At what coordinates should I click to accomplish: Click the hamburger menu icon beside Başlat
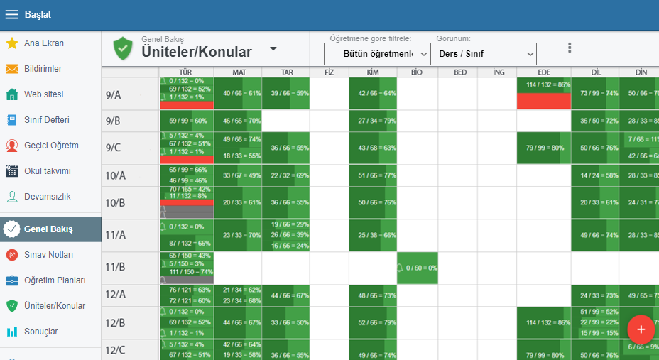(x=11, y=14)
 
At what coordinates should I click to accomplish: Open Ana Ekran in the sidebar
(x=43, y=43)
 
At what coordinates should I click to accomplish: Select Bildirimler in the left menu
(x=43, y=69)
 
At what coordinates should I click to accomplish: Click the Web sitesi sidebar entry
(x=43, y=94)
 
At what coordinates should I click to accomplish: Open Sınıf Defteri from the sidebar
(x=46, y=120)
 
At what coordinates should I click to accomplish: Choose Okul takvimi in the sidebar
(x=47, y=171)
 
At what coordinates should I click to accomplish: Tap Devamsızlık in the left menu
(x=47, y=197)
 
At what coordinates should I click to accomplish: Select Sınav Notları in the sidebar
(x=48, y=255)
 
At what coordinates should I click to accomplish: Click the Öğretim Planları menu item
(x=54, y=280)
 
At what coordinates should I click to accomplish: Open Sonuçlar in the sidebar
(x=40, y=332)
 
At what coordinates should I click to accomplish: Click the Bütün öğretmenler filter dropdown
(x=376, y=54)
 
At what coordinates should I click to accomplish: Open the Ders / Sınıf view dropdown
(x=483, y=54)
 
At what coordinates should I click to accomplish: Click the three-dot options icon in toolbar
(x=570, y=48)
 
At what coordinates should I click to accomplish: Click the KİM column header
(x=373, y=72)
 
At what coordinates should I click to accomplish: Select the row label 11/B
(x=116, y=268)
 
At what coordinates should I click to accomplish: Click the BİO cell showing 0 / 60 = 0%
(x=417, y=268)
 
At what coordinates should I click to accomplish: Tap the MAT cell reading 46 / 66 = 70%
(x=237, y=121)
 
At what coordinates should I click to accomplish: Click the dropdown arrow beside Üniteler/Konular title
(x=273, y=49)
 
